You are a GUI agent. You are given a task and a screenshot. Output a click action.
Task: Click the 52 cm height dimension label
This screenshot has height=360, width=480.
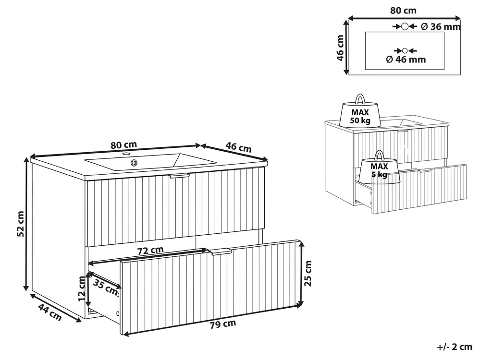[20, 224]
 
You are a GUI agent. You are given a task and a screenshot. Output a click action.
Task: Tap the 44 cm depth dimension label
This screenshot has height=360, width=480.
[50, 312]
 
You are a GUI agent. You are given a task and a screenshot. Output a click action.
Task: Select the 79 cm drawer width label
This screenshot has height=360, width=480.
[223, 324]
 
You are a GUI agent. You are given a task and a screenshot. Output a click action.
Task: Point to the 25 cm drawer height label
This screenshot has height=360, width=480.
[308, 273]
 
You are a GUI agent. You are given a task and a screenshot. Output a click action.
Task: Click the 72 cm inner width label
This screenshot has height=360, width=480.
[150, 251]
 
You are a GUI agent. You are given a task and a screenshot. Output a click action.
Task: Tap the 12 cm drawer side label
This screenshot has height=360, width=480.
[81, 288]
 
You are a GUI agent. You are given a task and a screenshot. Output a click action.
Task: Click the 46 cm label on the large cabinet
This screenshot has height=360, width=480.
[238, 147]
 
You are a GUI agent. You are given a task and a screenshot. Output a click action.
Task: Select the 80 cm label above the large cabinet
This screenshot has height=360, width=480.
[123, 144]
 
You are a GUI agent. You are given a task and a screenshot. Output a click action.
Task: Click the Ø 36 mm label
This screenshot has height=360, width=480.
[441, 27]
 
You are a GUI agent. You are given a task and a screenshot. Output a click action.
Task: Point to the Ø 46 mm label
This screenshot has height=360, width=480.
[406, 60]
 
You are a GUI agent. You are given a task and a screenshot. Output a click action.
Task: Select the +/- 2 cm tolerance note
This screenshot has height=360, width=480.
[455, 347]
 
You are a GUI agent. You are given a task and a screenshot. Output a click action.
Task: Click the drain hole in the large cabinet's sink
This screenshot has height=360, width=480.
[134, 162]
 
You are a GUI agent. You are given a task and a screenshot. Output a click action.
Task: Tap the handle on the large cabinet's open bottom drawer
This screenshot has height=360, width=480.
[220, 252]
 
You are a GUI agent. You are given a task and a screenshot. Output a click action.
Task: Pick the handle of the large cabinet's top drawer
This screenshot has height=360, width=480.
[179, 176]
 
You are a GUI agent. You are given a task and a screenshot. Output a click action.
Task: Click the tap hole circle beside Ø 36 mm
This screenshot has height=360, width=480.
[405, 26]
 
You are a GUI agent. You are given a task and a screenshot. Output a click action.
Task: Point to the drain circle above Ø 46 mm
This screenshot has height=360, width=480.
[405, 51]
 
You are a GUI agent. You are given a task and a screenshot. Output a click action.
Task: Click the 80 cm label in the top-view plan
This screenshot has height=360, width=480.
[403, 11]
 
